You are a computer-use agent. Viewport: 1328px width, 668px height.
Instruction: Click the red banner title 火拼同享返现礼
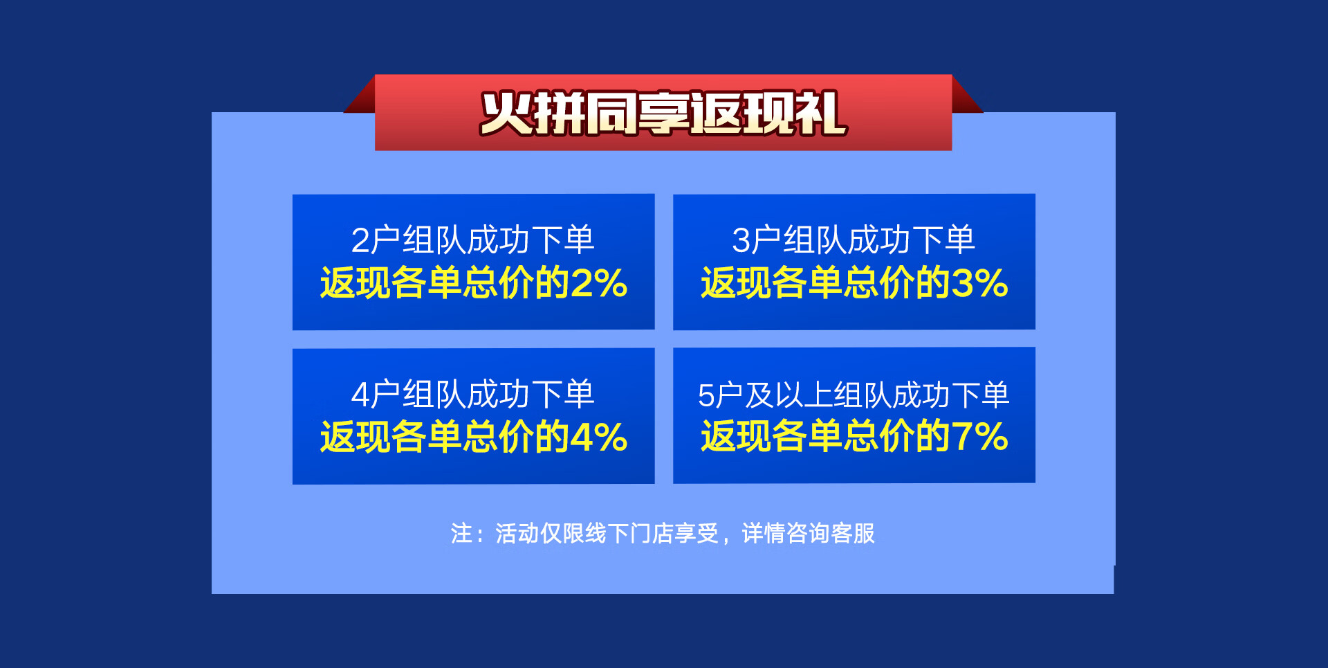pos(663,113)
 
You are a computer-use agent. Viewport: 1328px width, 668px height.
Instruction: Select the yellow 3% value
pos(980,283)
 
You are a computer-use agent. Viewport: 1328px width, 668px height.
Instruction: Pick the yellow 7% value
pos(980,437)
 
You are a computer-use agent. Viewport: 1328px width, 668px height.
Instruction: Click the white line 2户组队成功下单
pos(473,240)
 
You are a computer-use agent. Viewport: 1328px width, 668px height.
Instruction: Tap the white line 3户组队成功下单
pos(854,240)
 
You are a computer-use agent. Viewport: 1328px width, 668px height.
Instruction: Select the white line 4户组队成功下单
pos(473,395)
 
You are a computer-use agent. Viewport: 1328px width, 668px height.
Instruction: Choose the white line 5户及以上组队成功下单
pos(854,395)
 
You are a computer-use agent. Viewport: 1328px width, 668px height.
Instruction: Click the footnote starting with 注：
pos(663,533)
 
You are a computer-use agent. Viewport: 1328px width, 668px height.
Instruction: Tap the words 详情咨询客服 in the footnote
pos(809,533)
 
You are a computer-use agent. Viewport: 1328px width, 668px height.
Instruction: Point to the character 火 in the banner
pos(506,113)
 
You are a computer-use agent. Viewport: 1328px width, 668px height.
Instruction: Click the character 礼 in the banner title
pos(822,113)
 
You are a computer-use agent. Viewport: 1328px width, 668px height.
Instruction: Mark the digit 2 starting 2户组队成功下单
pos(360,241)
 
